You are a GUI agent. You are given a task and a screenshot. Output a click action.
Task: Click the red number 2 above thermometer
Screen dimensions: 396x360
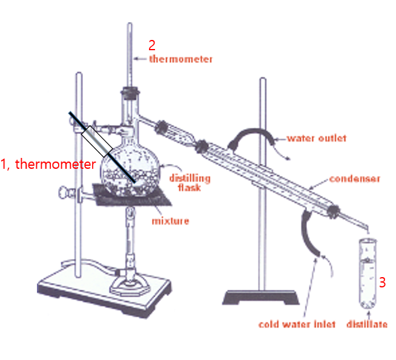[152, 45]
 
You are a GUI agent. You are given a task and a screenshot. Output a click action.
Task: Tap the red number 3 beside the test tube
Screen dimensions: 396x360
[382, 283]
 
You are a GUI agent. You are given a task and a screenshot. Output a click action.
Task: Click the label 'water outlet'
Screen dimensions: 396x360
[317, 138]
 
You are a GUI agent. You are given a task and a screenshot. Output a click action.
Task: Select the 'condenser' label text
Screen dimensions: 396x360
[355, 178]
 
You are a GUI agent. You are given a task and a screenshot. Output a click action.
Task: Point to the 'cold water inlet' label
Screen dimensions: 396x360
[297, 324]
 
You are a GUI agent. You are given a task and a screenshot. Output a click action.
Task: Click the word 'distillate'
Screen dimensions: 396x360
[367, 324]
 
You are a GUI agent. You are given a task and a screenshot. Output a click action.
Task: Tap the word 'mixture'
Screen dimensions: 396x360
[171, 221]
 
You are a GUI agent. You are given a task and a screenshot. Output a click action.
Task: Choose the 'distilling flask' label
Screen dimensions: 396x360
[190, 183]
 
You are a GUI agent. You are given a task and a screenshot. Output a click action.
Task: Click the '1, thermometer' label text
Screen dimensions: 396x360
[48, 164]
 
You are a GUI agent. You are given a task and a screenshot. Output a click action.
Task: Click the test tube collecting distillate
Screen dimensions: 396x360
[368, 273]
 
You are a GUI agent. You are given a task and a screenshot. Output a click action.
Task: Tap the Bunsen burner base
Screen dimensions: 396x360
[130, 286]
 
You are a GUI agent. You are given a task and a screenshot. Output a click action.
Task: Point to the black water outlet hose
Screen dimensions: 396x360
[251, 137]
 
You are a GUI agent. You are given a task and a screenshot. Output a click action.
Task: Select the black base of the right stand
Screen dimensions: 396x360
[260, 297]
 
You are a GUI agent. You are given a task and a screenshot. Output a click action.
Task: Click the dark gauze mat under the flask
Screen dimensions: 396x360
[132, 195]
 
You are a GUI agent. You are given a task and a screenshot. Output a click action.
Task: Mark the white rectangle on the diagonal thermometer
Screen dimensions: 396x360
[97, 141]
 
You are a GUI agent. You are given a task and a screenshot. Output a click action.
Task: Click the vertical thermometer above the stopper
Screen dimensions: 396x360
[130, 55]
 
